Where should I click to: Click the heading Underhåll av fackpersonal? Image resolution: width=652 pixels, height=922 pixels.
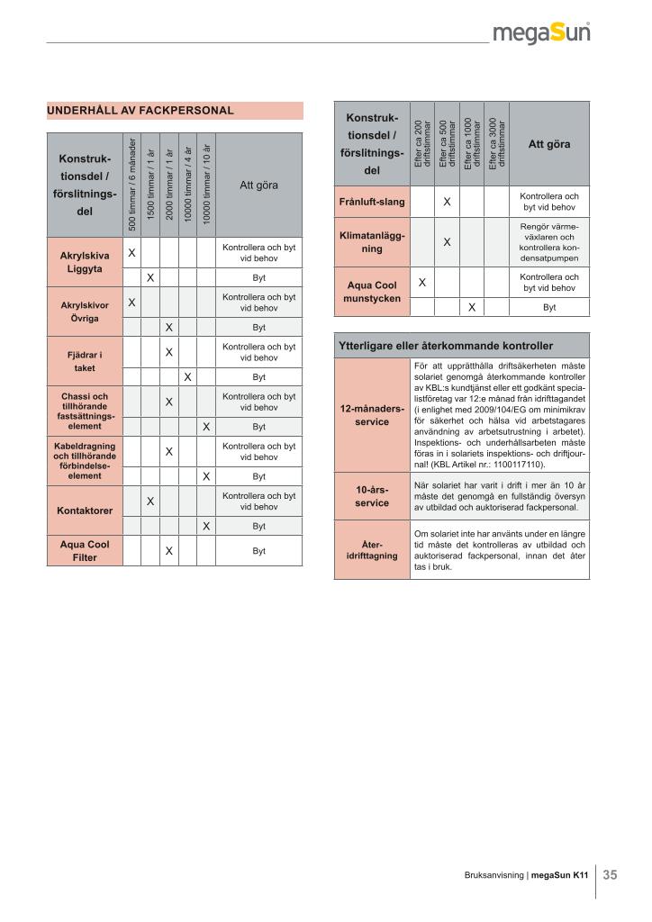140,111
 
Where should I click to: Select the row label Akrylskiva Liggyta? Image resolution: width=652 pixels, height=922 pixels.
85,262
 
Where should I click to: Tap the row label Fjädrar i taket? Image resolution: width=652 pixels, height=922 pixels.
85,362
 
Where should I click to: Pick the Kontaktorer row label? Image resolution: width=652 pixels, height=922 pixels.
85,511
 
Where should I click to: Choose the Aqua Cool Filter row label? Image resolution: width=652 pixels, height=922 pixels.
85,551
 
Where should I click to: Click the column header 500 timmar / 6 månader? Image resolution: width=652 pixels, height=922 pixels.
131,184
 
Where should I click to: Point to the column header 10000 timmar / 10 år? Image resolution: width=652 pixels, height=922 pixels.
206,184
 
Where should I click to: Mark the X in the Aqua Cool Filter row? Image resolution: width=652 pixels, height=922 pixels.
168,551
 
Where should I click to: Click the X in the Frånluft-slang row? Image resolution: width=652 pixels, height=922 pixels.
447,202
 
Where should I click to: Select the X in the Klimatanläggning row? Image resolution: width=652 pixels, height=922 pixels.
447,242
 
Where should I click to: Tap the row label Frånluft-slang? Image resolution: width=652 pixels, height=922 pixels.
372,202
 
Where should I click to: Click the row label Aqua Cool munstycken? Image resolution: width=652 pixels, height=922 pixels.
372,292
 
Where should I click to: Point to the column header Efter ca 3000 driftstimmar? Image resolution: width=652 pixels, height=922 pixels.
496,143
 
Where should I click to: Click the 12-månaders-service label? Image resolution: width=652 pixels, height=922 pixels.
372,415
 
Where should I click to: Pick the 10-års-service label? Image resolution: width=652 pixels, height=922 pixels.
372,496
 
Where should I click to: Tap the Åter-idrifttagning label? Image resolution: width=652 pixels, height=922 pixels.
372,550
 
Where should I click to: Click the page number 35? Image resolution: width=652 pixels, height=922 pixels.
610,874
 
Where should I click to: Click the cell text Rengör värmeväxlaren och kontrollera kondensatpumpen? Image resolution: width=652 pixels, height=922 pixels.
549,242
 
